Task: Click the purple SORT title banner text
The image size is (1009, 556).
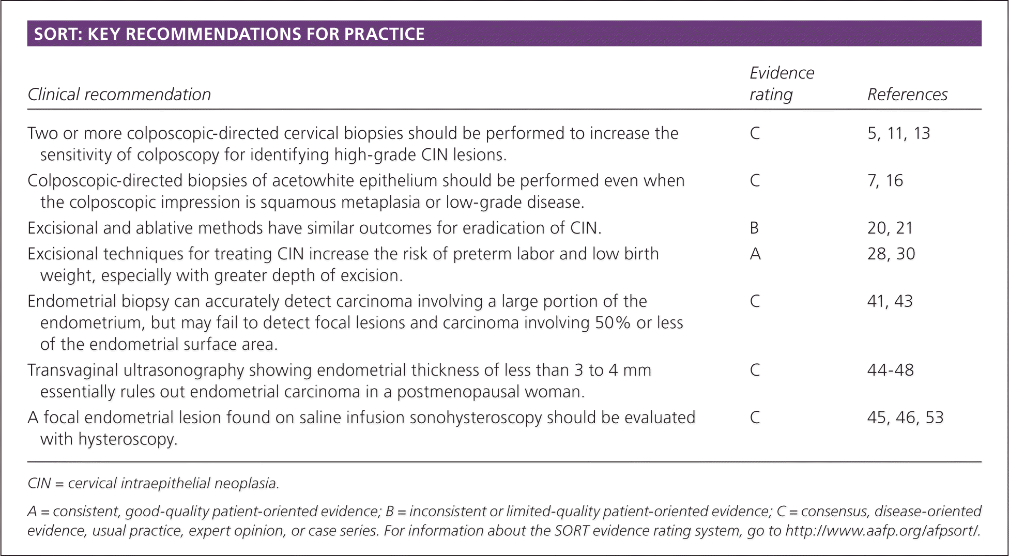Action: [229, 34]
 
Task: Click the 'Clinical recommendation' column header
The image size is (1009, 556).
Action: [119, 95]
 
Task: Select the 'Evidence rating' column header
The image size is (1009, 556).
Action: [781, 84]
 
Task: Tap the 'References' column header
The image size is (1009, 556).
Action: [907, 95]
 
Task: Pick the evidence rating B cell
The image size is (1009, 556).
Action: [754, 228]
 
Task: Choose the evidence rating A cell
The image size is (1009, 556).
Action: [755, 254]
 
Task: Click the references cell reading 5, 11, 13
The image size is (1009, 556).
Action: [898, 133]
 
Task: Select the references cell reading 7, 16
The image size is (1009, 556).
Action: [885, 180]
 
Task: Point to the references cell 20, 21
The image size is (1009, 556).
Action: [890, 228]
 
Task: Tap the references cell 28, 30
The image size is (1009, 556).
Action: [891, 254]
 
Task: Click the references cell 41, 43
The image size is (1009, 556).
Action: [890, 301]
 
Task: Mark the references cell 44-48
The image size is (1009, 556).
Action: [890, 370]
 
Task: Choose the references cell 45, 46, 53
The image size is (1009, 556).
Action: [905, 418]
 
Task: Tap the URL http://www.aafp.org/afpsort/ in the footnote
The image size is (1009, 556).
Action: [882, 531]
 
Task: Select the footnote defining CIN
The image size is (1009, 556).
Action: [153, 483]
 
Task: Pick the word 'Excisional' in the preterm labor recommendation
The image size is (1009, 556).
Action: [63, 254]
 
